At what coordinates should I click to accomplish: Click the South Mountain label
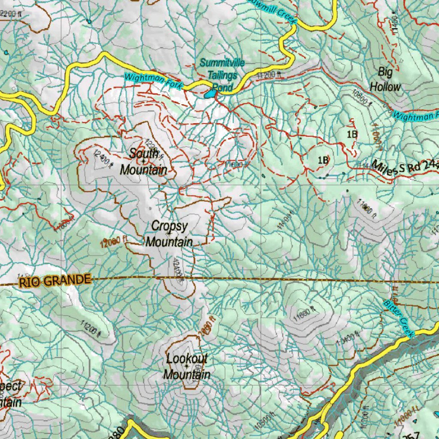[144, 162]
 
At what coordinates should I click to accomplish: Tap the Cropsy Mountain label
[169, 234]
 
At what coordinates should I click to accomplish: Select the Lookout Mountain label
[186, 367]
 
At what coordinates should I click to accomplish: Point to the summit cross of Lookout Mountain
[186, 367]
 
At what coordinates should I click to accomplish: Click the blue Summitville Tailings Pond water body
[210, 93]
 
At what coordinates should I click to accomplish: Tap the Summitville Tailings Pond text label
[222, 75]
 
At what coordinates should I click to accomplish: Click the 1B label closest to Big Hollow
[352, 134]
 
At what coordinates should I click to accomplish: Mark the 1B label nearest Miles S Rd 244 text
[323, 160]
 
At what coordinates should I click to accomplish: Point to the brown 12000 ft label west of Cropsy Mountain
[112, 243]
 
